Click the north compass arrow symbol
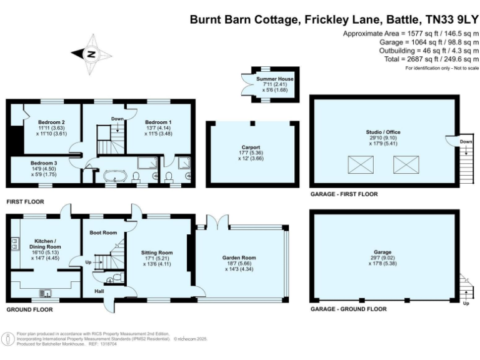91,54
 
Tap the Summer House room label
274,79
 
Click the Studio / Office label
382,132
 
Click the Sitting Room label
157,252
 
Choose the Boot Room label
104,232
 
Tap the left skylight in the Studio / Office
361,165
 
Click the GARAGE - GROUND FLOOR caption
348,309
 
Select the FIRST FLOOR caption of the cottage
27,202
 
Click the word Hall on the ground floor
99,291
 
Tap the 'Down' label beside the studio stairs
466,141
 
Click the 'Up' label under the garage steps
465,303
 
